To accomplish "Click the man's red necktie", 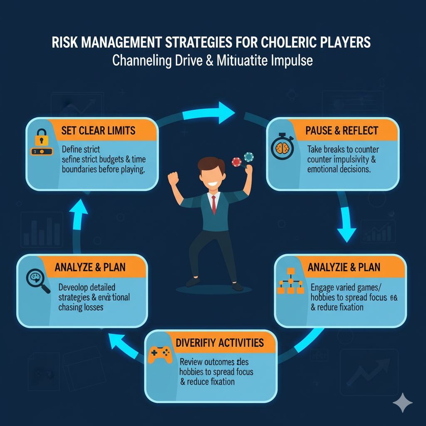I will click(x=213, y=203).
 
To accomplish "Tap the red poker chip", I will click(x=236, y=161).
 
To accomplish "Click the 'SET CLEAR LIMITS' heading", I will click(x=98, y=131).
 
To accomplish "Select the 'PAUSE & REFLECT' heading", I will click(x=342, y=131).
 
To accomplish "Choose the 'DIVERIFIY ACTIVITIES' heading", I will click(x=220, y=343).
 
